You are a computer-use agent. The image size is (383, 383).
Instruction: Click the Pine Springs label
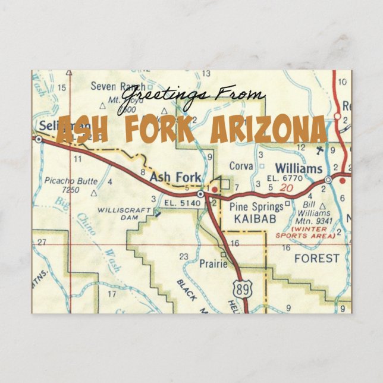pyautogui.click(x=256, y=207)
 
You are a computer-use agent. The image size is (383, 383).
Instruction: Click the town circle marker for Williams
pyautogui.click(x=328, y=179)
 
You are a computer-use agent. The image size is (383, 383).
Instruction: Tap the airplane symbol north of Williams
pyautogui.click(x=322, y=149)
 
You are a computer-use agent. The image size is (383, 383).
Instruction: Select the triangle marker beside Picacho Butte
pyautogui.click(x=93, y=193)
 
